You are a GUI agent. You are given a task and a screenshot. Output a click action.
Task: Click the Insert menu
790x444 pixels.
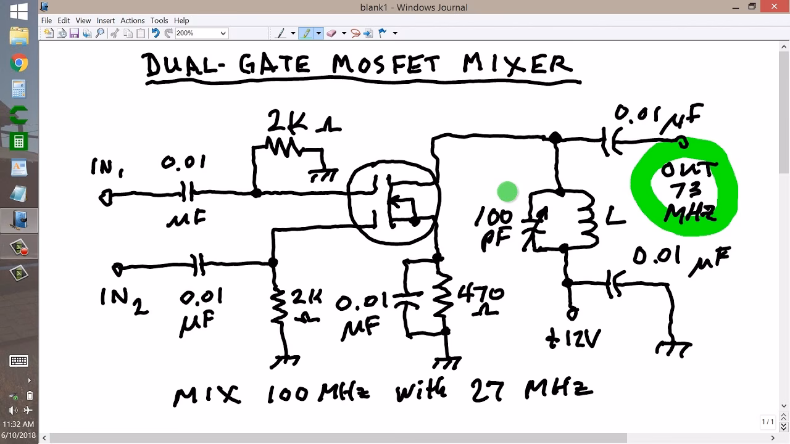pyautogui.click(x=105, y=20)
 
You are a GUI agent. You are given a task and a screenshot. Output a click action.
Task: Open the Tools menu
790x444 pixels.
pyautogui.click(x=159, y=20)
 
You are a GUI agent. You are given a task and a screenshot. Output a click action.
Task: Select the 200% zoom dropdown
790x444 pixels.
pyautogui.click(x=201, y=33)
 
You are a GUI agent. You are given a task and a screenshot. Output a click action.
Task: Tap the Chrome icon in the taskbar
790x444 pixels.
pyautogui.click(x=19, y=62)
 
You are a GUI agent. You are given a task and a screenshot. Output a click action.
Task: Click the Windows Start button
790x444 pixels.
pyautogui.click(x=19, y=10)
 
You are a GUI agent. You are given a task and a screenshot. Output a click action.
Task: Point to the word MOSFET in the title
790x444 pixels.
pyautogui.click(x=386, y=65)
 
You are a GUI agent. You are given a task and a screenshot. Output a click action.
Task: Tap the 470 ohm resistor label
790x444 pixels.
pyautogui.click(x=480, y=300)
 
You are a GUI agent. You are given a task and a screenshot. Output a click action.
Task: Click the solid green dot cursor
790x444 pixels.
pyautogui.click(x=507, y=192)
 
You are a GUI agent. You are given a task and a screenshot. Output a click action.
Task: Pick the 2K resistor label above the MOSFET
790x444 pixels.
pyautogui.click(x=302, y=122)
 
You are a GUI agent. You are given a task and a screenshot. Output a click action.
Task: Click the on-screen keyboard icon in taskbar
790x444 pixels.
pyautogui.click(x=19, y=361)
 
